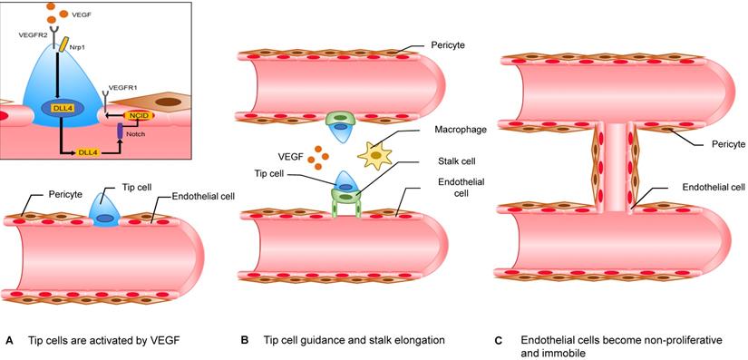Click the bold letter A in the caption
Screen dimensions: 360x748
click(x=9, y=341)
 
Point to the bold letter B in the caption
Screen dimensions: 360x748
click(x=244, y=341)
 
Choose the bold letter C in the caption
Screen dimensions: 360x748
click(x=498, y=341)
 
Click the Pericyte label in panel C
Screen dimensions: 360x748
click(x=712, y=143)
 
